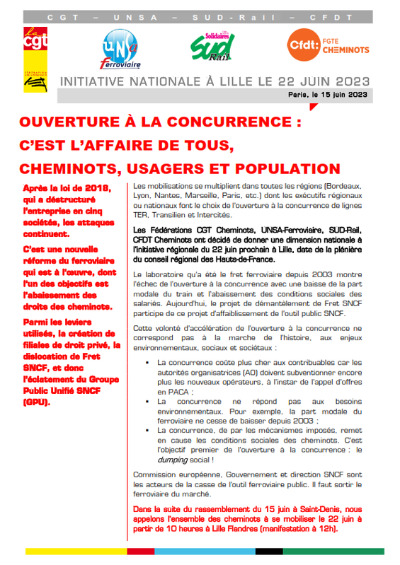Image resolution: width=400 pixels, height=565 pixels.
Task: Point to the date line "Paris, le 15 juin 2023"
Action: coord(328,93)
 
